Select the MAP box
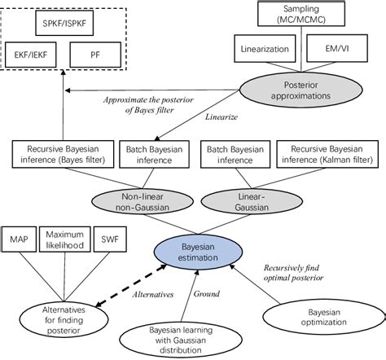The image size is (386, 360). tap(20, 239)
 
